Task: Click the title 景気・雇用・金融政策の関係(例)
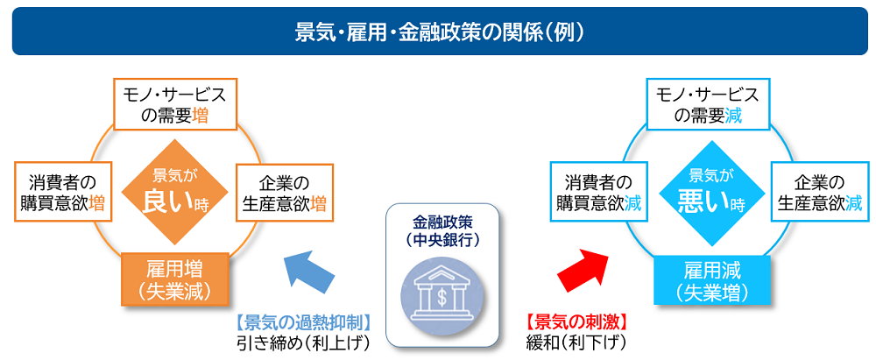pyautogui.click(x=438, y=32)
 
